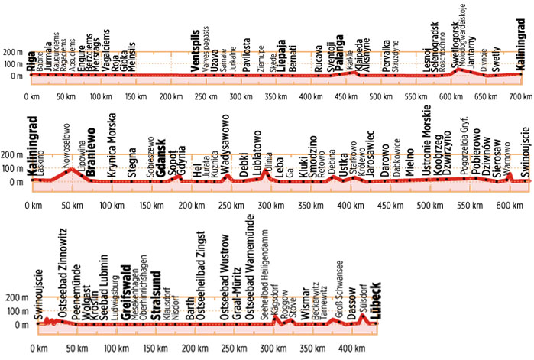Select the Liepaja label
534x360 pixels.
(282, 57)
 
